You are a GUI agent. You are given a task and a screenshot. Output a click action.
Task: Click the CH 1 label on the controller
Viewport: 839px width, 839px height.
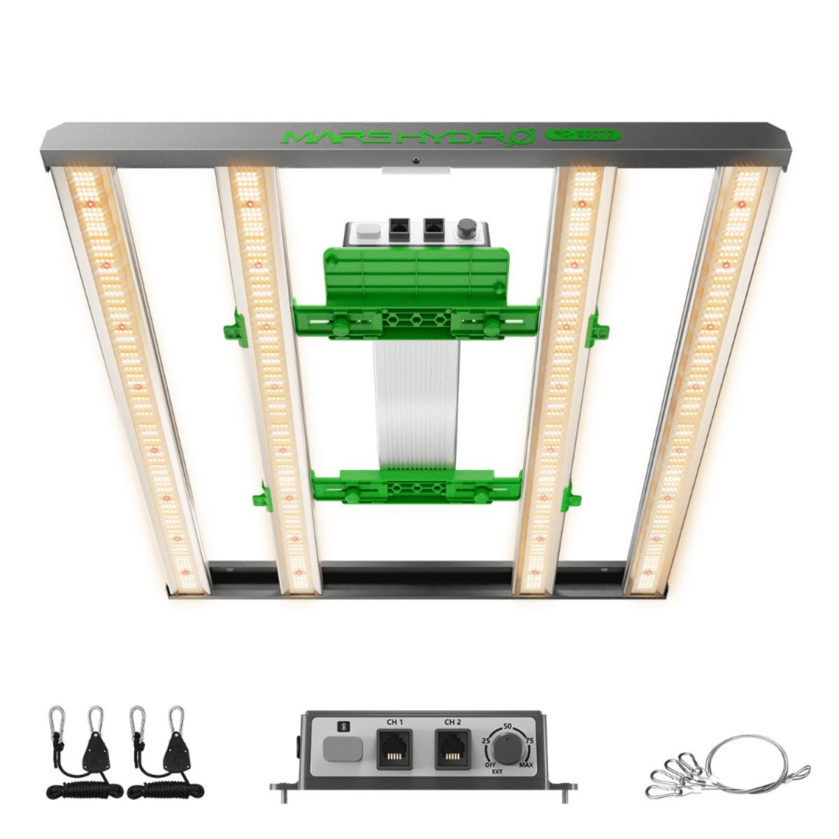(x=395, y=722)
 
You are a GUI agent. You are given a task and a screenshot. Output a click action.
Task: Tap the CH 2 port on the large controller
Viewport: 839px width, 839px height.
(x=452, y=749)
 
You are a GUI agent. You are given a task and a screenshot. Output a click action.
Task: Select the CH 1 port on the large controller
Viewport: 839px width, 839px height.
(x=395, y=749)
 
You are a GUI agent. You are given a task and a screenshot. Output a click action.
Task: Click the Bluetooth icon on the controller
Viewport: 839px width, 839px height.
(x=343, y=726)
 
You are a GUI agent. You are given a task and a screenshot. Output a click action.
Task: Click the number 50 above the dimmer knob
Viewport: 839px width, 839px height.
(x=508, y=726)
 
